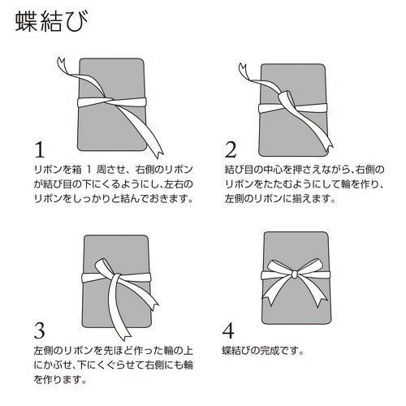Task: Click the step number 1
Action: pyautogui.click(x=40, y=150)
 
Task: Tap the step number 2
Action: pyautogui.click(x=231, y=150)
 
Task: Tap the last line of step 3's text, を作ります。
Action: pyautogui.click(x=60, y=379)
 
